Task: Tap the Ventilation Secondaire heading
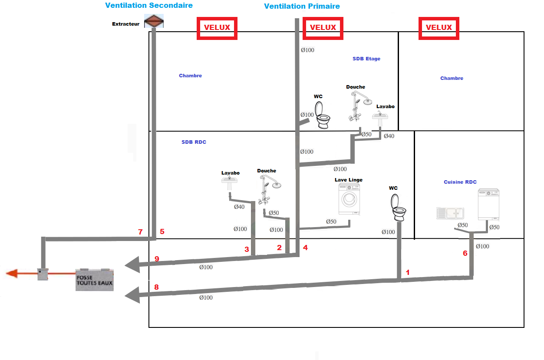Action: point(149,6)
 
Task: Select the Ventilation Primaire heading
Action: point(302,6)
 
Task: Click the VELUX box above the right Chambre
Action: point(438,27)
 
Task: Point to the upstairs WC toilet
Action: point(323,115)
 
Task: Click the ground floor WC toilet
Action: point(399,208)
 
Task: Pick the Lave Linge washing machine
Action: point(349,199)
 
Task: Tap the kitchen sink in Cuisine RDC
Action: point(450,213)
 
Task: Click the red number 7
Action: point(140,232)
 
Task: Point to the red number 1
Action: point(407,272)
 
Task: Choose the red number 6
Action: point(465,253)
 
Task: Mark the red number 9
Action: point(157,259)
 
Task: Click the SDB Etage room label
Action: point(366,59)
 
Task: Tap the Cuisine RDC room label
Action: point(460,182)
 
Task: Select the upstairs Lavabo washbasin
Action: point(380,118)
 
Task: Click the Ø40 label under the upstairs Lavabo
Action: point(389,136)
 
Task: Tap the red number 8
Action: point(156,287)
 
